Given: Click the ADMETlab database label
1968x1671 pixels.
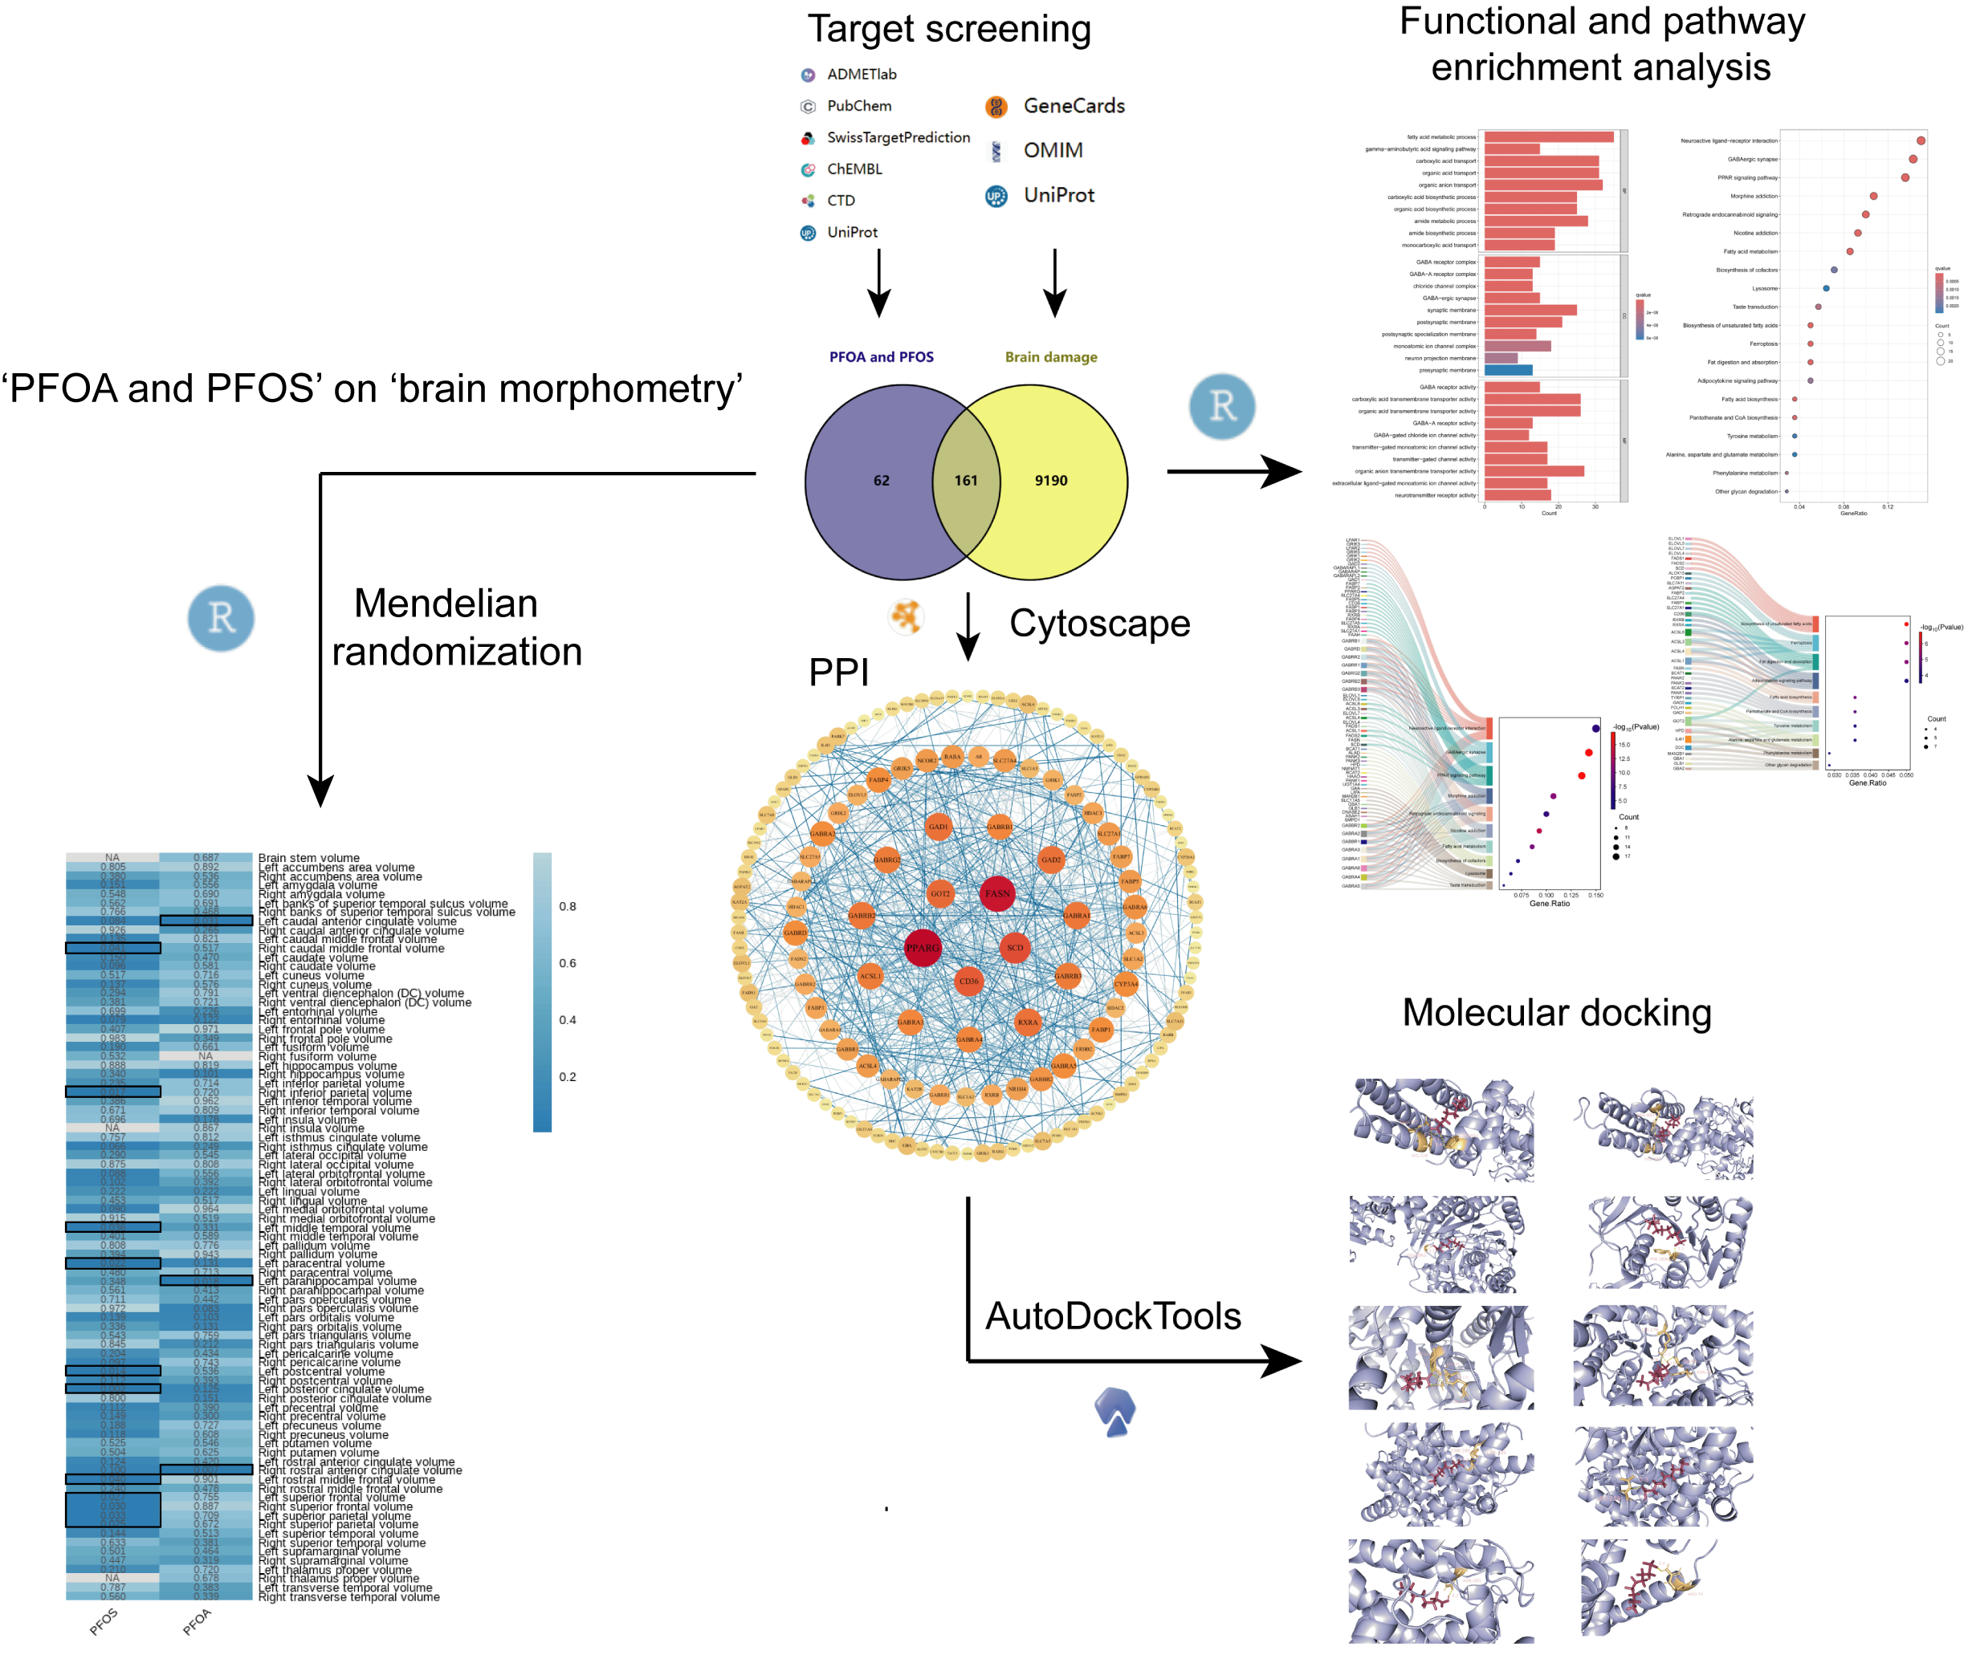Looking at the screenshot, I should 861,74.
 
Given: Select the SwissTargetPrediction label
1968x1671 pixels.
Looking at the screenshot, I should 898,137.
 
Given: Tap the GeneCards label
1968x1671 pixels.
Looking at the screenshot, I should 1073,106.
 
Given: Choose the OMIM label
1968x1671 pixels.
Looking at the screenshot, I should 1052,149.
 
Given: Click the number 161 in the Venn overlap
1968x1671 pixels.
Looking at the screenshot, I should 964,480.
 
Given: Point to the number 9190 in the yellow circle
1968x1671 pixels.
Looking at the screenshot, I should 1050,480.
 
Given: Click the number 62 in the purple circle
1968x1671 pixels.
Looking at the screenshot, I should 880,480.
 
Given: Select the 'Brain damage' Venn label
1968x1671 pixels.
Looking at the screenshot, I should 1050,357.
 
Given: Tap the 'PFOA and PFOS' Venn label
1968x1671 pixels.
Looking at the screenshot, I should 880,357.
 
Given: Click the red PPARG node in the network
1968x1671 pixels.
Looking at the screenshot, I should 921,947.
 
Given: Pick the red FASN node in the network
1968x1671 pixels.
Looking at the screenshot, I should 996,893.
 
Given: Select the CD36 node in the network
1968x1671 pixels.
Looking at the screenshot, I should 968,982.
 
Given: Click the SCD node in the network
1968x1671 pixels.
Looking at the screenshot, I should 1014,947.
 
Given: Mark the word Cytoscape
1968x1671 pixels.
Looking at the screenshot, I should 1098,624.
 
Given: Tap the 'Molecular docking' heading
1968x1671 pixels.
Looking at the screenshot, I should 1556,1013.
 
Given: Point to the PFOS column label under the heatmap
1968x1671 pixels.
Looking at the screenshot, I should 104,1622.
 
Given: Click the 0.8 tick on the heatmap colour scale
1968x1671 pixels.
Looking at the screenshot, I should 567,907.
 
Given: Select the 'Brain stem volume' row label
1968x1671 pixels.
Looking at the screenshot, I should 309,858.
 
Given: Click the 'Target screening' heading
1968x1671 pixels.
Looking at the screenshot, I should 948,30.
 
